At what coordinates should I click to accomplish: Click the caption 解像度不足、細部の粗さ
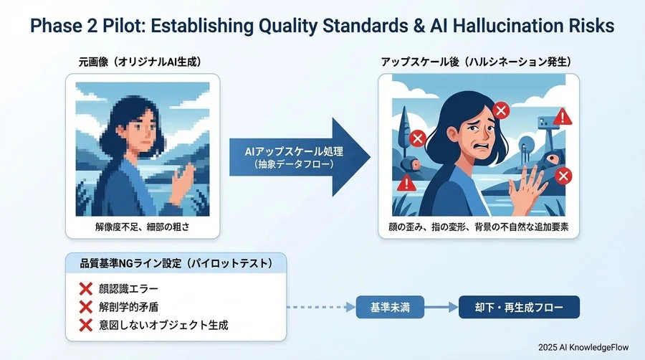(143, 227)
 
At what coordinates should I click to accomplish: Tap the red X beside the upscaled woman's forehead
(502, 110)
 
